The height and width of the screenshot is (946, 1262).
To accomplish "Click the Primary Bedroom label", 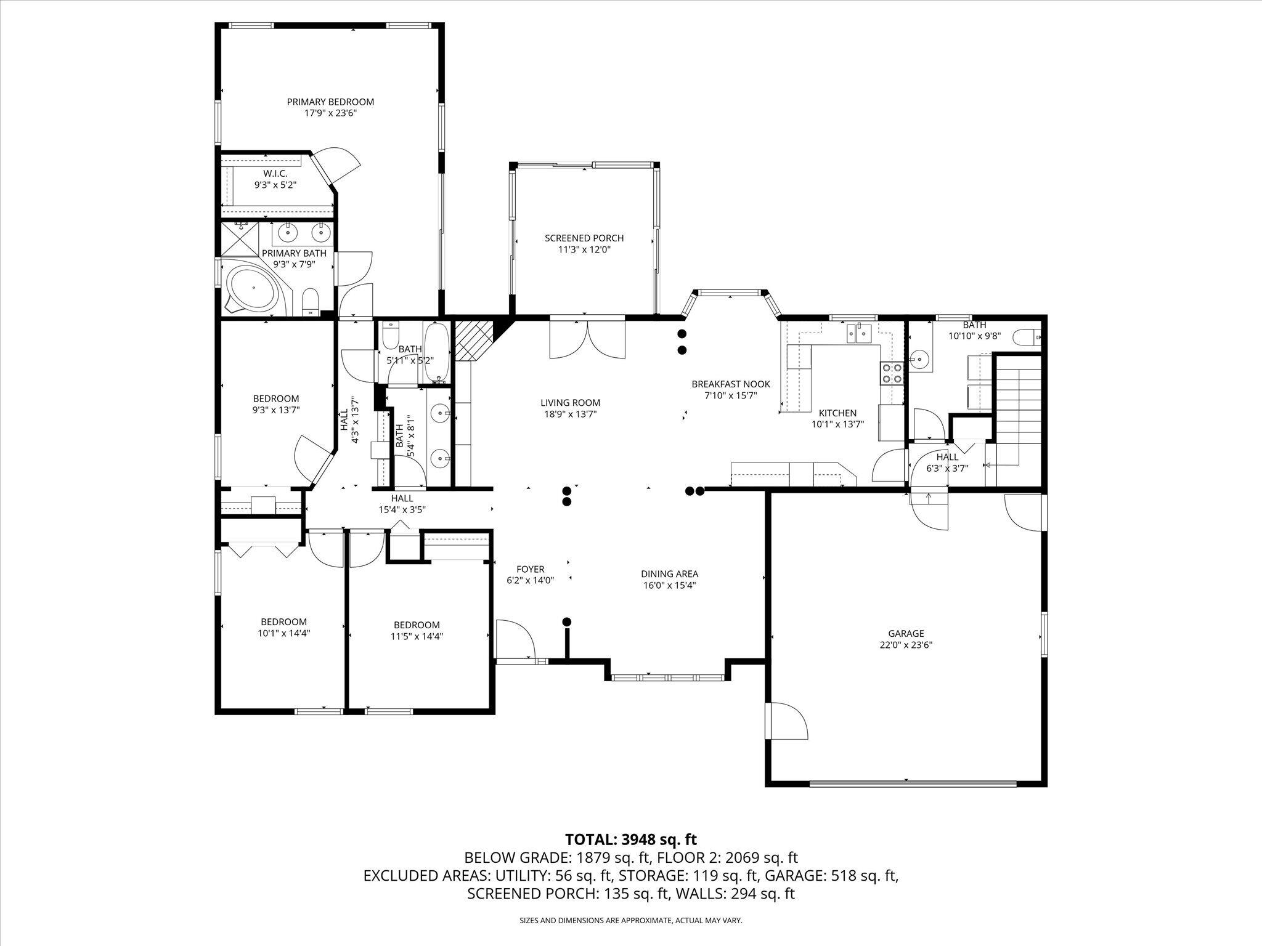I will [330, 102].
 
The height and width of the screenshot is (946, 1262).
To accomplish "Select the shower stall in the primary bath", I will [239, 239].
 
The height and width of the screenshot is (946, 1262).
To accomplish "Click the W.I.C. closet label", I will [275, 174].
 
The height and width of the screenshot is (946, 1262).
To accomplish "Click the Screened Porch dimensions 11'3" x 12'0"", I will [584, 249].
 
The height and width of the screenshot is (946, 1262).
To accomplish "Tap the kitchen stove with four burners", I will [890, 373].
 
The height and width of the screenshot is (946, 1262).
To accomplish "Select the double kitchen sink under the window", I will [859, 334].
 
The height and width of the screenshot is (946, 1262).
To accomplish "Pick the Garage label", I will [906, 633].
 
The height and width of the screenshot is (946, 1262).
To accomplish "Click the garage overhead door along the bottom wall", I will [912, 783].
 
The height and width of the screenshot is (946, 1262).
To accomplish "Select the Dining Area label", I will [669, 574].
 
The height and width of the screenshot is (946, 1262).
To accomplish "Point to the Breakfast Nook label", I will [730, 384].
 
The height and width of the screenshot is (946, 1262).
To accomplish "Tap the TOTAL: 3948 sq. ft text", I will [630, 839].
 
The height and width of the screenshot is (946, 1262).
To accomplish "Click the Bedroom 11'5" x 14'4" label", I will [417, 625].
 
